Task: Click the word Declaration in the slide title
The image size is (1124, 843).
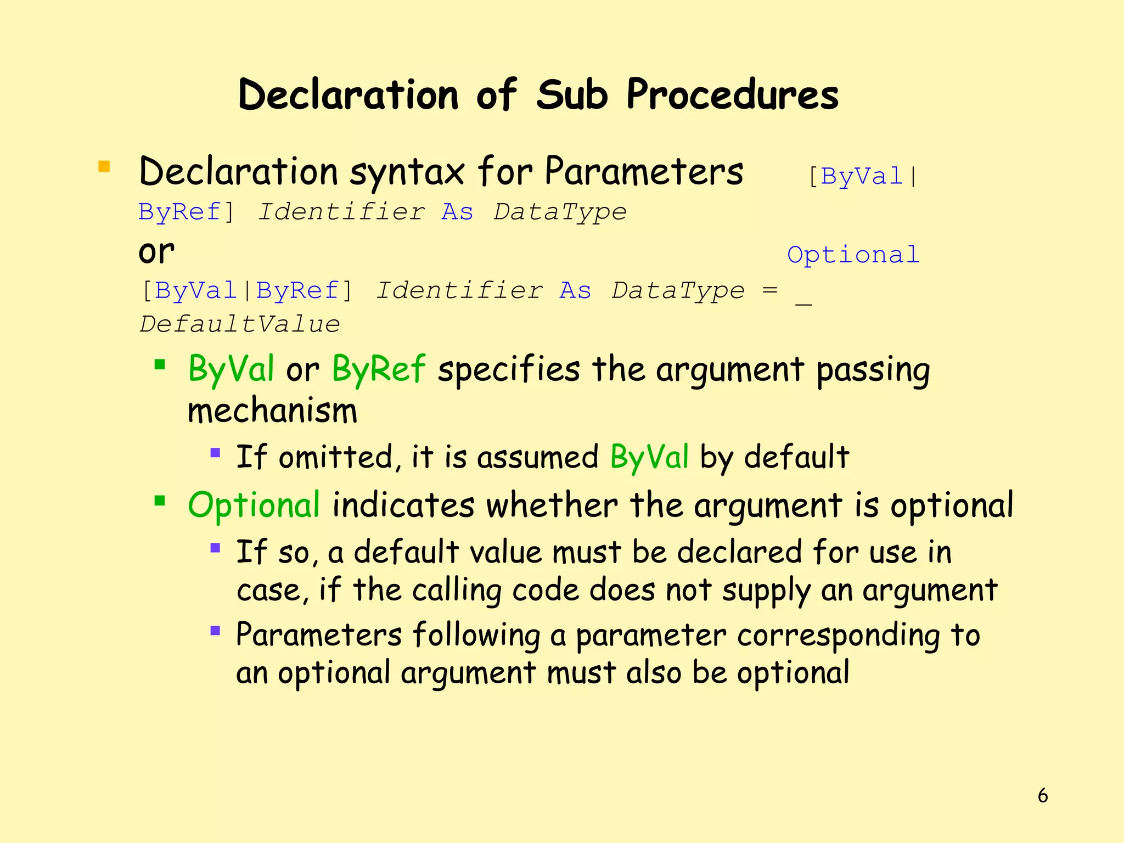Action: point(348,95)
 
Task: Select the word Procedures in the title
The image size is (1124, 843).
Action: point(733,95)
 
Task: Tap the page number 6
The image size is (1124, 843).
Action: point(1043,795)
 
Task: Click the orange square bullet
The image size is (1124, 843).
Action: point(104,166)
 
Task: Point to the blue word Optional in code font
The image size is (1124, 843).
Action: point(853,255)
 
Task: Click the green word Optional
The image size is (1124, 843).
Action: point(254,505)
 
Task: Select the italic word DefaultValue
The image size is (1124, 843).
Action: point(240,324)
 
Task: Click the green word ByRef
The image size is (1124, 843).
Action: point(378,369)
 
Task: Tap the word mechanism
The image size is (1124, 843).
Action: point(272,411)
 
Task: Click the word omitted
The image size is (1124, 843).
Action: point(336,457)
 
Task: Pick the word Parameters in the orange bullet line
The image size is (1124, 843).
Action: point(644,172)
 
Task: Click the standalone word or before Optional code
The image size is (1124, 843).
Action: point(156,252)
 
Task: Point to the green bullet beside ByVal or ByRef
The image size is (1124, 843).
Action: point(160,364)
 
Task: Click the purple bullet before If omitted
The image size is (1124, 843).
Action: point(215,453)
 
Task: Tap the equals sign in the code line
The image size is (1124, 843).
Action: point(769,290)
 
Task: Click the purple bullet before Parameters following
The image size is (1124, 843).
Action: point(215,631)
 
